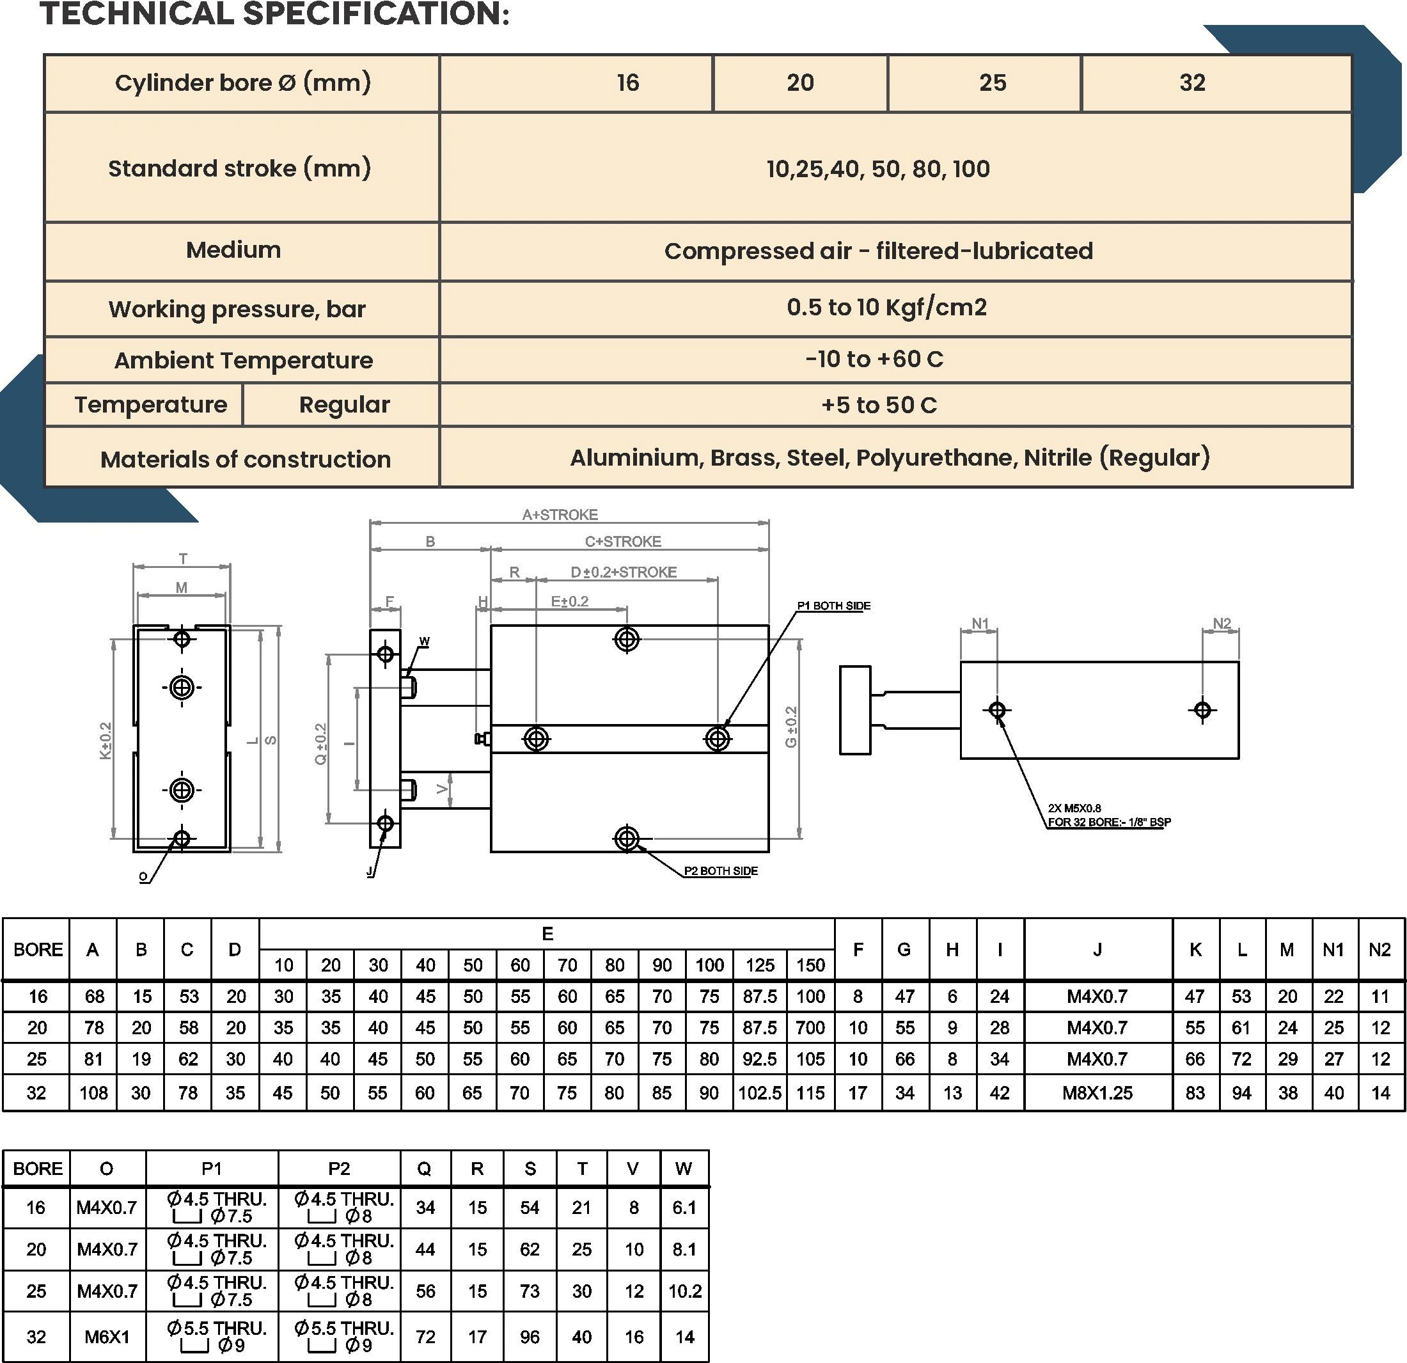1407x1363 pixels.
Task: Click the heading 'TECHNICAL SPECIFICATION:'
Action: tap(275, 14)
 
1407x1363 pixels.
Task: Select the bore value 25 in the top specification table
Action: tap(992, 83)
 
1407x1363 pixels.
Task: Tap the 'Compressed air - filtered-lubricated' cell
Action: tap(878, 251)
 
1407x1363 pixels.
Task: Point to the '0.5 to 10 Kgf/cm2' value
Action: tap(886, 307)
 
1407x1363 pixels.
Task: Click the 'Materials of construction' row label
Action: tap(246, 459)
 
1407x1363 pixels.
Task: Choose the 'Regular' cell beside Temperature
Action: tap(344, 405)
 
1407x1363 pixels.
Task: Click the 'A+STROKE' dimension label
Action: tap(560, 515)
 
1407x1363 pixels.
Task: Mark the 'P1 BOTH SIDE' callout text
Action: tap(833, 606)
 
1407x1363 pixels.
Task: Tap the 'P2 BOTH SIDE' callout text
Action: tap(721, 871)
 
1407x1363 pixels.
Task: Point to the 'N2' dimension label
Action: tap(1222, 623)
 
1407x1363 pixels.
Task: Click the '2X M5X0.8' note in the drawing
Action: tap(1074, 808)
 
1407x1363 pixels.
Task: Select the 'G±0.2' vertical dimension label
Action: tap(790, 727)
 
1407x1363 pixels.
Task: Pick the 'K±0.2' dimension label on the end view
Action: tap(106, 740)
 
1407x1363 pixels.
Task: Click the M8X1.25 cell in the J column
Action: tap(1097, 1093)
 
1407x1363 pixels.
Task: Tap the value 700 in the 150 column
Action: tap(810, 1028)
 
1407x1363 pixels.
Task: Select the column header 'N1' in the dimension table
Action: tap(1333, 950)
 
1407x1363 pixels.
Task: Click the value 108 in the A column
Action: tap(93, 1093)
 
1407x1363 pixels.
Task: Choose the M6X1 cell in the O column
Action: tap(107, 1336)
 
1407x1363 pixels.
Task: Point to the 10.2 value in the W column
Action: tap(685, 1291)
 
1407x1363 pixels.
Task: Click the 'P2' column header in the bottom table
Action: tap(339, 1169)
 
